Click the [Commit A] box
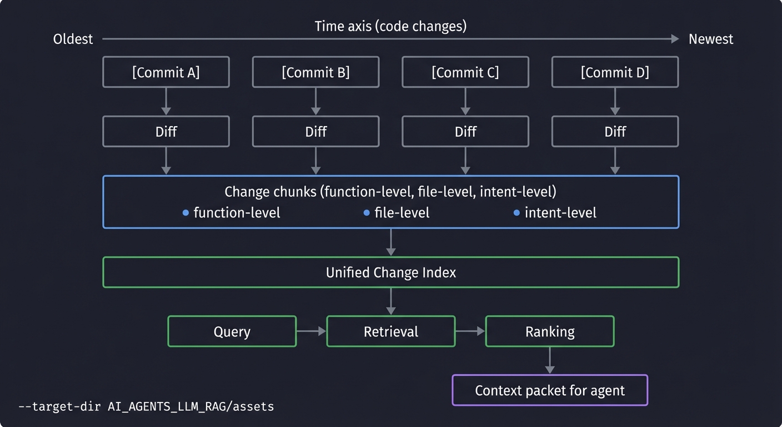point(166,72)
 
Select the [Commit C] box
point(465,72)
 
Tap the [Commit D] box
point(615,72)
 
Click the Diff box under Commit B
point(315,131)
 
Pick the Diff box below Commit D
point(615,131)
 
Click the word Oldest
point(73,39)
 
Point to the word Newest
point(710,39)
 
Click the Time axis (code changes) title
point(390,26)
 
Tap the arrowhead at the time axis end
point(675,39)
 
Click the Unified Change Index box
point(390,272)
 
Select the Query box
point(232,331)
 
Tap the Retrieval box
point(390,331)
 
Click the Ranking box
point(549,331)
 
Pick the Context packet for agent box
point(549,390)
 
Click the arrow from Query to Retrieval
point(311,331)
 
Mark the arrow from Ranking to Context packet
point(549,360)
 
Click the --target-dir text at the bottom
point(146,406)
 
